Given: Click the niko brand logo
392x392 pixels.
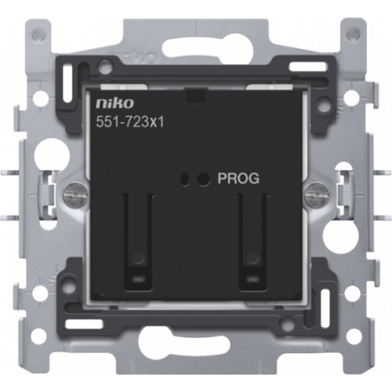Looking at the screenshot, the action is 114,103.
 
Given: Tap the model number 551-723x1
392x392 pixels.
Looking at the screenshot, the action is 130,122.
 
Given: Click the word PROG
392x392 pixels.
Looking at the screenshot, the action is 238,179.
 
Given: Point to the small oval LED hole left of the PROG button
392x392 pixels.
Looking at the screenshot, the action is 184,179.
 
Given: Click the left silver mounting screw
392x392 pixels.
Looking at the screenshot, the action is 74,191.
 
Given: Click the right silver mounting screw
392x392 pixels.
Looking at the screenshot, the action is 317,191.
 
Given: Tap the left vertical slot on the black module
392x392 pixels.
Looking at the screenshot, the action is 138,242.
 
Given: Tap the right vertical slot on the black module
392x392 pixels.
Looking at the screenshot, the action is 252,242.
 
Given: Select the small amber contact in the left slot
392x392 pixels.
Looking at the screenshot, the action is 138,279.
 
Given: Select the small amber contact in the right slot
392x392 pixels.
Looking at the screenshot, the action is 252,279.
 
